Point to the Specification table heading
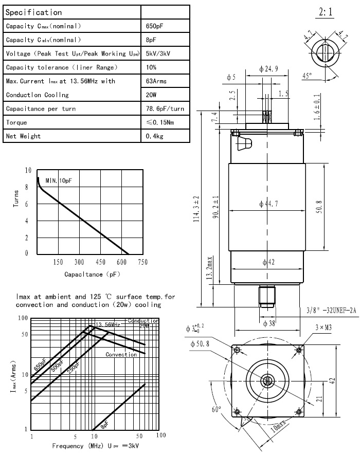pos(33,12)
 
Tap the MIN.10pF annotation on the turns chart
pos(59,181)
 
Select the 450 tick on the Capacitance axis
pos(100,262)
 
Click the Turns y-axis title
pos(16,211)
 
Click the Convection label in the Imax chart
pos(121,355)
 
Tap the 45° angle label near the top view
pos(307,76)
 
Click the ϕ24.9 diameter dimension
pos(269,69)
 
